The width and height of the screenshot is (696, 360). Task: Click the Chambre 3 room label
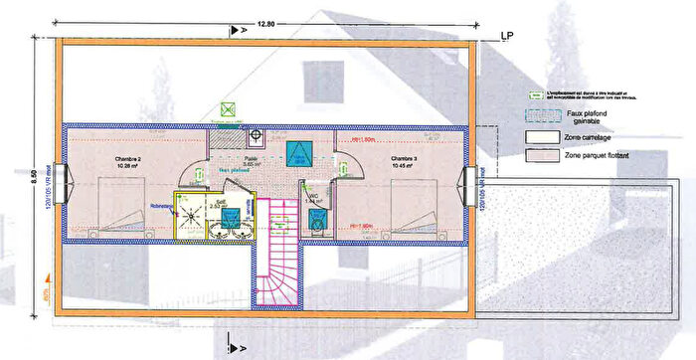[x=403, y=159]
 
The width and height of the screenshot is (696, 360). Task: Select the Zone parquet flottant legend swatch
[x=543, y=156]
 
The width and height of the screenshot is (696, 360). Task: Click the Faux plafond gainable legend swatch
[x=543, y=115]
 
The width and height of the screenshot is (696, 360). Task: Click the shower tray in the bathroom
[x=188, y=209]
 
